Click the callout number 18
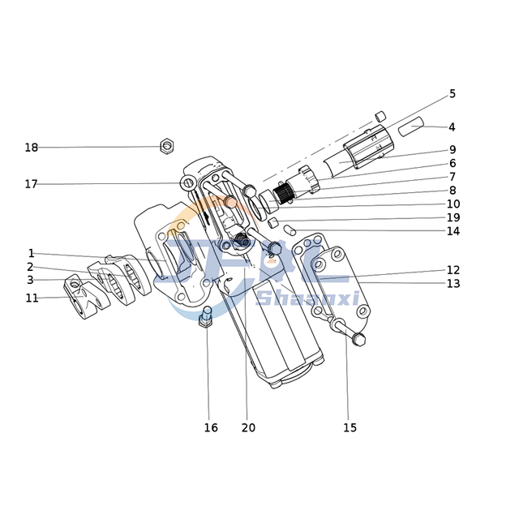point(31,148)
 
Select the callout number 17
point(31,184)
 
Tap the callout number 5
point(453,94)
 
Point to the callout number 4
point(452,127)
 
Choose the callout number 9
point(453,150)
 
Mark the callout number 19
point(453,218)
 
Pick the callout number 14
point(453,231)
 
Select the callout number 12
point(453,270)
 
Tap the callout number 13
point(453,284)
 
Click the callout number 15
point(350,427)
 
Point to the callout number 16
point(210,427)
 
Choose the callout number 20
point(248,427)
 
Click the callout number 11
point(32,298)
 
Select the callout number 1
point(31,254)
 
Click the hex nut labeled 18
point(166,146)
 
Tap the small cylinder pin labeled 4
point(411,127)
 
